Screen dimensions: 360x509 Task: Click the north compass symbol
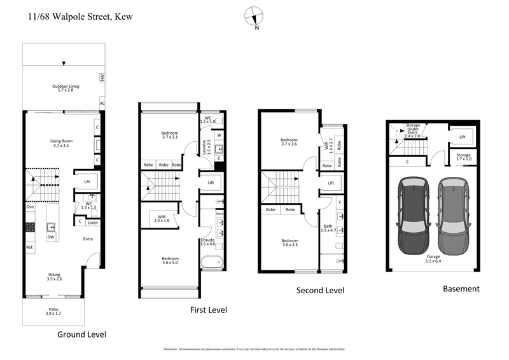pyautogui.click(x=256, y=17)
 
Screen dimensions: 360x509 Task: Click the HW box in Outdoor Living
pyautogui.click(x=101, y=78)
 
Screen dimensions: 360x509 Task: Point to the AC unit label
pyautogui.click(x=102, y=103)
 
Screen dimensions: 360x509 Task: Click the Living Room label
pyautogui.click(x=62, y=143)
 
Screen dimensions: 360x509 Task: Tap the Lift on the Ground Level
pyautogui.click(x=87, y=181)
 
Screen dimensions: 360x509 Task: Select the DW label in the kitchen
pyautogui.click(x=50, y=237)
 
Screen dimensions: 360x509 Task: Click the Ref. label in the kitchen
pyautogui.click(x=30, y=247)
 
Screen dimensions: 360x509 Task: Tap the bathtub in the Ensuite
pyautogui.click(x=211, y=261)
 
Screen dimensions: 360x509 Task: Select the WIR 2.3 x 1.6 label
pyautogui.click(x=162, y=218)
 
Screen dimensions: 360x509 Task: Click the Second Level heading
pyautogui.click(x=320, y=291)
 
